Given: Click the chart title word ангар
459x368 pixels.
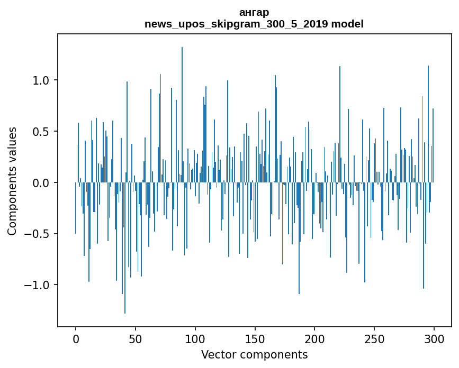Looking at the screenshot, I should click(x=254, y=12).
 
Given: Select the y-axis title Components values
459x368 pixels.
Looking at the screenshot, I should click(x=12, y=181).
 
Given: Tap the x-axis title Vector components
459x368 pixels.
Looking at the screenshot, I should click(x=254, y=354).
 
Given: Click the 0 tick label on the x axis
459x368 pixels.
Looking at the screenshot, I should click(x=76, y=338).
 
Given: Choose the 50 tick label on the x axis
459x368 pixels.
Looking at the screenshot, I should click(x=136, y=338).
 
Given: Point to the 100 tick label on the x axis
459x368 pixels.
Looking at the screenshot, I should click(x=195, y=338).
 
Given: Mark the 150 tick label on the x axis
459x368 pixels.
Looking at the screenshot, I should click(x=255, y=338).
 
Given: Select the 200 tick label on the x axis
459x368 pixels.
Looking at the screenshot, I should click(x=314, y=338).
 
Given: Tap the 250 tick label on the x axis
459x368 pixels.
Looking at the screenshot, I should click(x=374, y=338).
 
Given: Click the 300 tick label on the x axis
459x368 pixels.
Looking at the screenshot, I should click(x=434, y=338).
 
